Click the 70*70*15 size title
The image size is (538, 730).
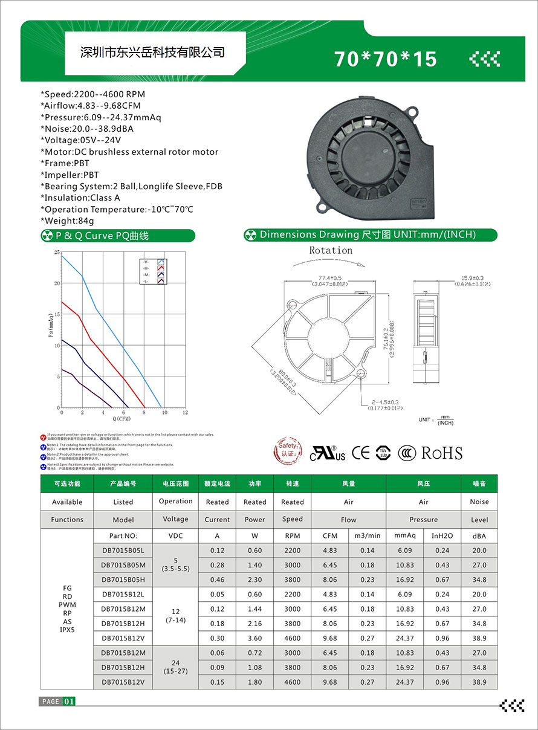point(385,59)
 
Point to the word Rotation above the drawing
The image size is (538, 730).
point(331,250)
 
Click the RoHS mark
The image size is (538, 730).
point(441,453)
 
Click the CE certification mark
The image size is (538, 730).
point(361,453)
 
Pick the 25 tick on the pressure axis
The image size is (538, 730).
point(57,252)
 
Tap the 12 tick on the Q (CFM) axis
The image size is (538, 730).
point(185,413)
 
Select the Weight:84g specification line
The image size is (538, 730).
point(67,221)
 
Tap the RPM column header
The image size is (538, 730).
point(293,536)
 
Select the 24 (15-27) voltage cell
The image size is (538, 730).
point(175,667)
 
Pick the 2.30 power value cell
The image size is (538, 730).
point(255,580)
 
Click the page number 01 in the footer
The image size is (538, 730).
point(70,701)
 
